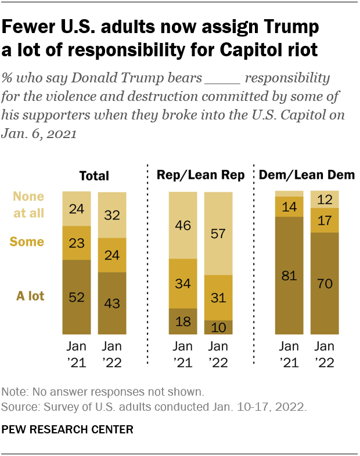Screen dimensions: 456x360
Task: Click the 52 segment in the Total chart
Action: coord(77,296)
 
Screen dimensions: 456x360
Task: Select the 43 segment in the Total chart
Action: coord(112,303)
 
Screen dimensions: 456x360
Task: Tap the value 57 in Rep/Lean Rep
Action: coord(218,233)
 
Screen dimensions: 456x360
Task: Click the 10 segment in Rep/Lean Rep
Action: coord(218,328)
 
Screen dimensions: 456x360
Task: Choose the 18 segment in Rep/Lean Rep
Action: coord(183,321)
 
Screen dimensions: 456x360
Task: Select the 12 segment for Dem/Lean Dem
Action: coord(325,199)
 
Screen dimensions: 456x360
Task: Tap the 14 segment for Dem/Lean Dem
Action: coord(289,207)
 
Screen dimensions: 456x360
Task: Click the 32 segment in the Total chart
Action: coord(112,214)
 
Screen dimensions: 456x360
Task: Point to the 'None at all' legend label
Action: coord(29,204)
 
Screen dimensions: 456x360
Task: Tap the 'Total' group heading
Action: coord(94,176)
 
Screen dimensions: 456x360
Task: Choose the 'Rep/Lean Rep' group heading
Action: coord(201,175)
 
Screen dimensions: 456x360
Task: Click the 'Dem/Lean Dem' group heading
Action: coord(307,175)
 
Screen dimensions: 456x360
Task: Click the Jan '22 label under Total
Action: coord(112,354)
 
